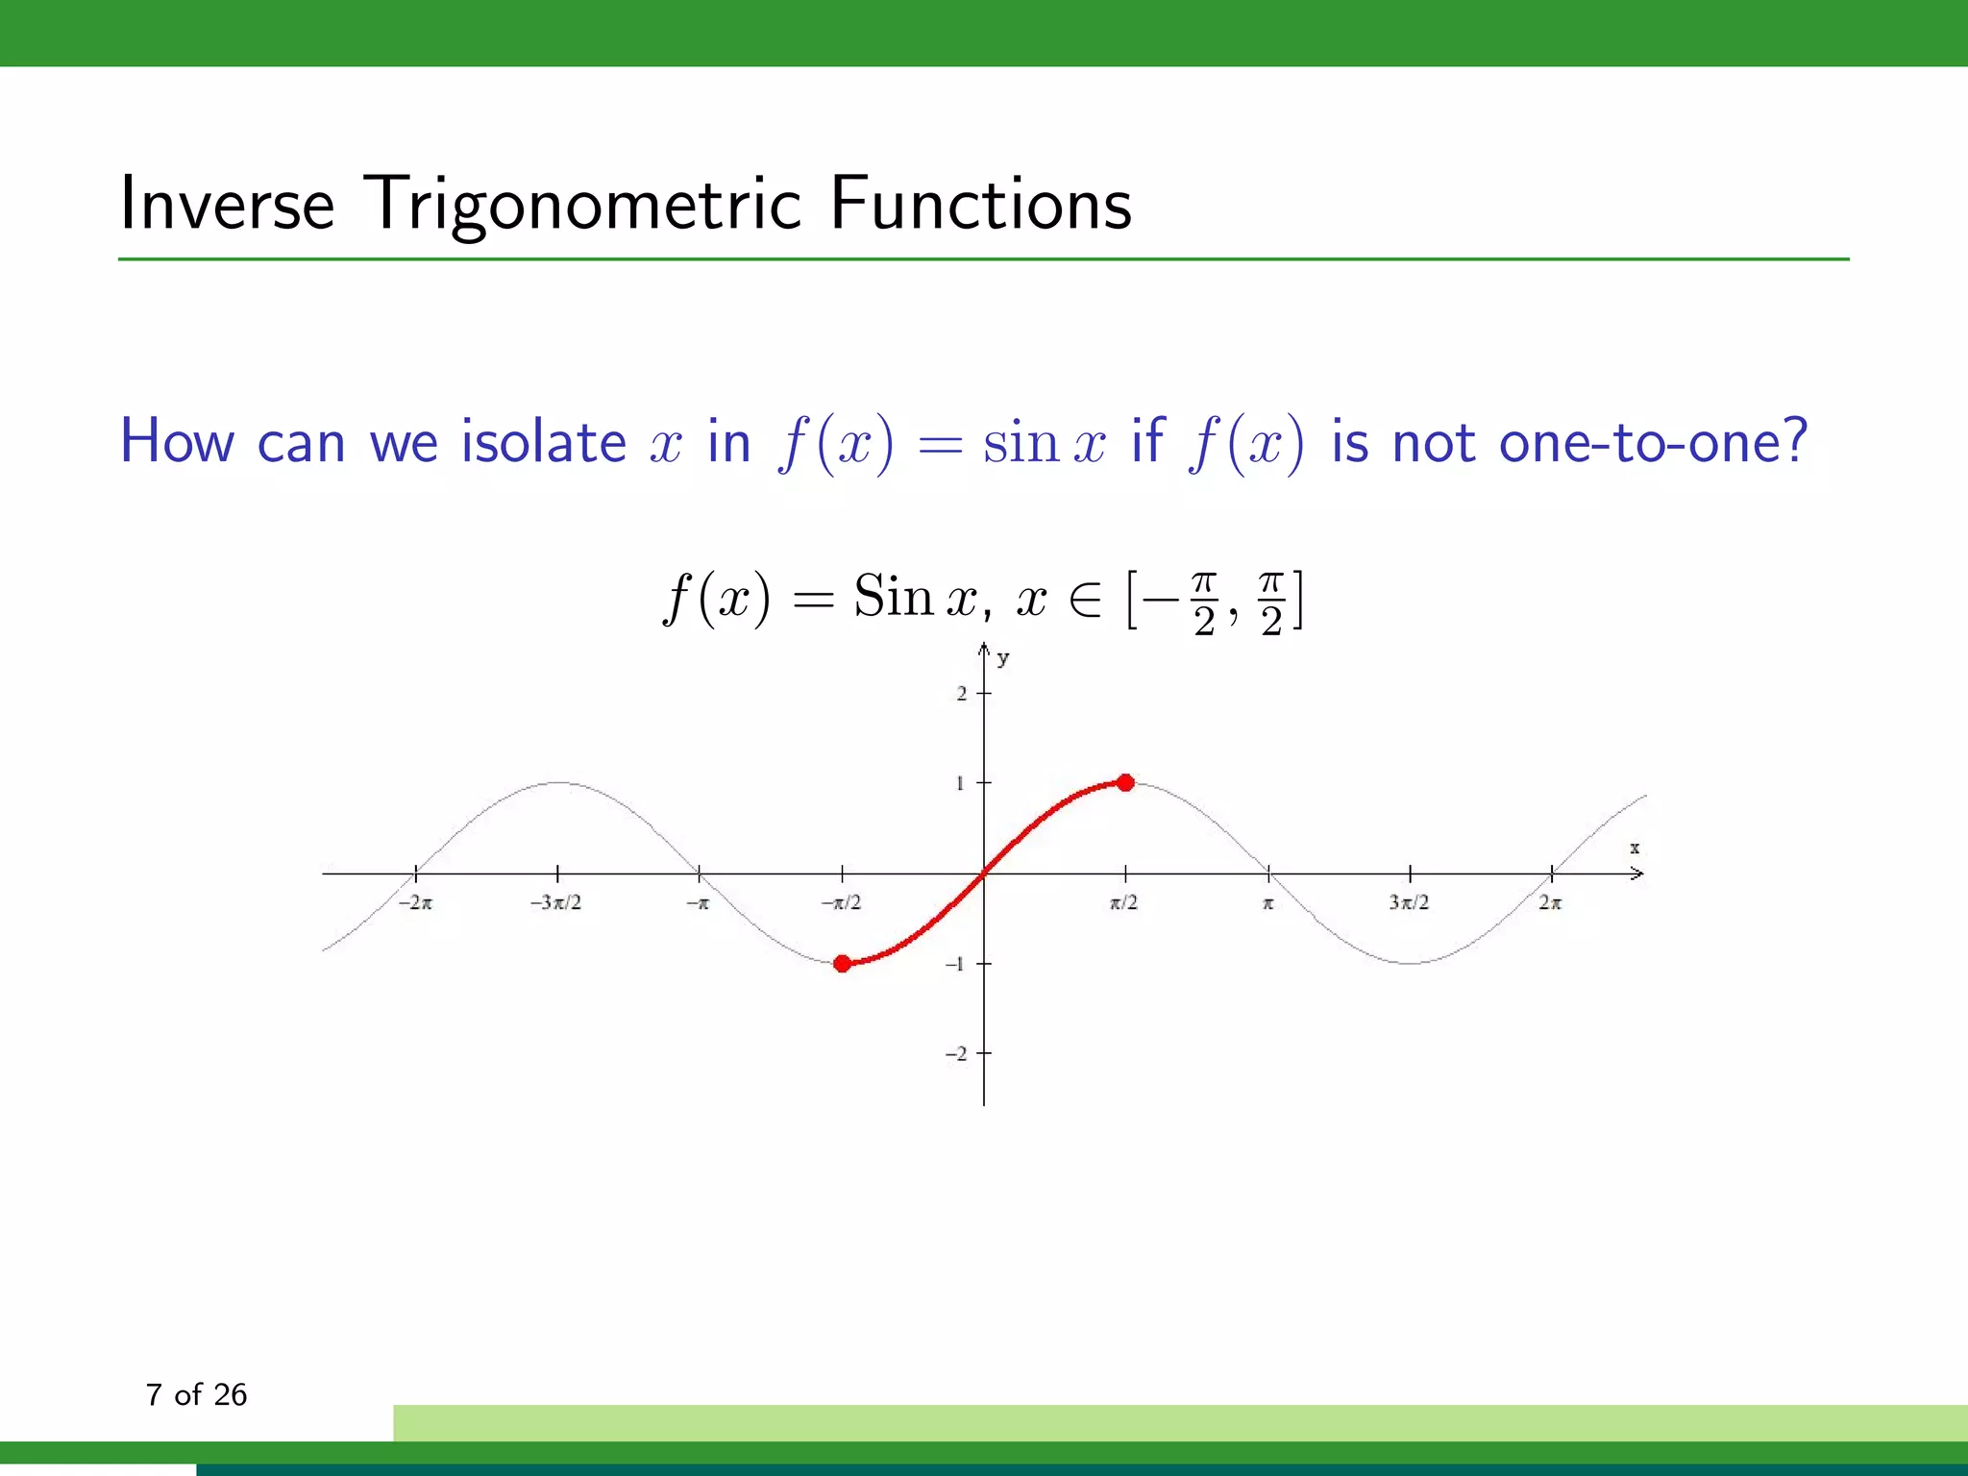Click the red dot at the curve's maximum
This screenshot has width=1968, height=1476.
coord(1125,783)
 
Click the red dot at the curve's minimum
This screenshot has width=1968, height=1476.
coord(842,964)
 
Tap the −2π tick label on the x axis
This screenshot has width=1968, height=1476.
coord(415,903)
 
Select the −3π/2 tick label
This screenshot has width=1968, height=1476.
coord(555,903)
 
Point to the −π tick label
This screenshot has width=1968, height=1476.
coord(698,903)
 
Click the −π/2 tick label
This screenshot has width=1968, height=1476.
coord(841,903)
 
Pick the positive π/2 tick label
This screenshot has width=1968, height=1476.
coord(1123,903)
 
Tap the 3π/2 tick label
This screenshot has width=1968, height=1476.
coord(1409,903)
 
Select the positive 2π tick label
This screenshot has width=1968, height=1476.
coord(1550,903)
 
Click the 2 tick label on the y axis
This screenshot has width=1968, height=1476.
coord(962,694)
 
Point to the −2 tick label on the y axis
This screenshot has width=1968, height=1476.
coord(956,1054)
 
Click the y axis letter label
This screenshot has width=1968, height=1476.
coord(1003,659)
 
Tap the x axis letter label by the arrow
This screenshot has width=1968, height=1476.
coord(1635,849)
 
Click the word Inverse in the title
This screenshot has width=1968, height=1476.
coord(227,204)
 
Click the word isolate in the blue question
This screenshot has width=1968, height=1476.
coord(544,442)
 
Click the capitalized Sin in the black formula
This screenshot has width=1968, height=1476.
coord(894,597)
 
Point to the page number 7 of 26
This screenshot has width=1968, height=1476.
coord(196,1394)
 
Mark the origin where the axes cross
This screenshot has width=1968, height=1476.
coord(984,873)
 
